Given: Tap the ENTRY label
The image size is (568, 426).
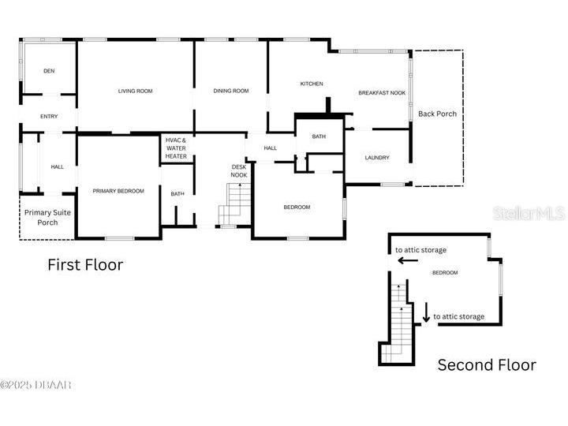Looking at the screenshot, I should click(49, 117).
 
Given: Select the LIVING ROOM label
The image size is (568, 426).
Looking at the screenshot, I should click(135, 92).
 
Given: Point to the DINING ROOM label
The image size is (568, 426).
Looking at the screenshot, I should click(231, 92).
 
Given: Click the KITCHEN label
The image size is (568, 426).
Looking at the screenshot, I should click(312, 84).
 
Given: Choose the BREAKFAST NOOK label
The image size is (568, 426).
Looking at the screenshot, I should click(382, 93).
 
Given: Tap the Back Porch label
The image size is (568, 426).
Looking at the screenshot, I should click(437, 114).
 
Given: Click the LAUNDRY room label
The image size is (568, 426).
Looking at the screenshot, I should click(377, 158).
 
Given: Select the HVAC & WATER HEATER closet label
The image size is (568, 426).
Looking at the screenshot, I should click(176, 148).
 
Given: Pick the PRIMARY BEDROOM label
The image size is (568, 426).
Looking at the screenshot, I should click(118, 191).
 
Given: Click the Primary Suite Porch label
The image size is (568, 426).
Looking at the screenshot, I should click(47, 217).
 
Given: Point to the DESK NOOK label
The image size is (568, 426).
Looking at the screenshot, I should click(239, 170).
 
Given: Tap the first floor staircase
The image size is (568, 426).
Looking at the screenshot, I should click(235, 204).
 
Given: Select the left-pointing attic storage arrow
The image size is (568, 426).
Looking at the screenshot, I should click(408, 260).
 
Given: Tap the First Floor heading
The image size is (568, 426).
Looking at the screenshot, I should click(85, 265).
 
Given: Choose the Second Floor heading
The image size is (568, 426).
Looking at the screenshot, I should click(487, 365).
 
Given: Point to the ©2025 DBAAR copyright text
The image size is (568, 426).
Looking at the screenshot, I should click(36, 385).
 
